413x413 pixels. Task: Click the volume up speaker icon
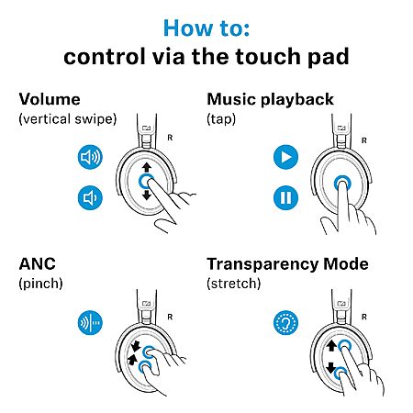pyautogui.click(x=90, y=157)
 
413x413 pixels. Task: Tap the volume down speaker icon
pyautogui.click(x=90, y=197)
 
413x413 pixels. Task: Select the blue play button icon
pyautogui.click(x=285, y=157)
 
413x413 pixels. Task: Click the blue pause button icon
pyautogui.click(x=285, y=197)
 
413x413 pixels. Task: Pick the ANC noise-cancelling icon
pyautogui.click(x=90, y=322)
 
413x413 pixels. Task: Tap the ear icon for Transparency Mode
pyautogui.click(x=285, y=322)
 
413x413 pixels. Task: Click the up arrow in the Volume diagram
pyautogui.click(x=147, y=167)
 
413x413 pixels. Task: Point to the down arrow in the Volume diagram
pyautogui.click(x=147, y=195)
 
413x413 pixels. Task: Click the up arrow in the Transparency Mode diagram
pyautogui.click(x=331, y=346)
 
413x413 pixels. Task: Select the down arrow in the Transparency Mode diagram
pyautogui.click(x=331, y=367)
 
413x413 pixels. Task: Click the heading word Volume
pyautogui.click(x=50, y=99)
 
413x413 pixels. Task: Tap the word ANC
pyautogui.click(x=38, y=264)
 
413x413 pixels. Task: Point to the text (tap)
pyautogui.click(x=221, y=119)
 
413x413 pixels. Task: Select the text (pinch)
pyautogui.click(x=40, y=284)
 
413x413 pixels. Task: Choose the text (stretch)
pyautogui.click(x=234, y=284)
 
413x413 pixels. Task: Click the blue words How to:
pyautogui.click(x=206, y=28)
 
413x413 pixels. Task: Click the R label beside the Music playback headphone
pyautogui.click(x=364, y=140)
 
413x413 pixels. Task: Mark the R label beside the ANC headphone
pyautogui.click(x=170, y=317)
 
